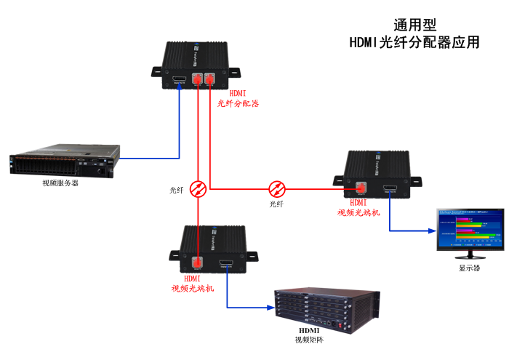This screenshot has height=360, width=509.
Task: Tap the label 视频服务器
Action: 60,183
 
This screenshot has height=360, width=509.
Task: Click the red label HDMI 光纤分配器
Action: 238,99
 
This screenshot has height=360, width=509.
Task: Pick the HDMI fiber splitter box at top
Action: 194,65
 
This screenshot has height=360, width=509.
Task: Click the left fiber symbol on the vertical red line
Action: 198,189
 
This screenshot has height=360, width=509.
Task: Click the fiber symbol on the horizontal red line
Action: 277,189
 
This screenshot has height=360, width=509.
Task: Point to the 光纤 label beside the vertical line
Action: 177,191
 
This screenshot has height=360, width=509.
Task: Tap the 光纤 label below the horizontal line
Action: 276,204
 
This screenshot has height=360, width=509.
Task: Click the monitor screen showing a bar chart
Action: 470,228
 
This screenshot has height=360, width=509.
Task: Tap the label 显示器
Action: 469,268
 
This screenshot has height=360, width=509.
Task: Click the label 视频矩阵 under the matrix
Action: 309,339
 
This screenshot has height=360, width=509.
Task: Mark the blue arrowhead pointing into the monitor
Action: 432,231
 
